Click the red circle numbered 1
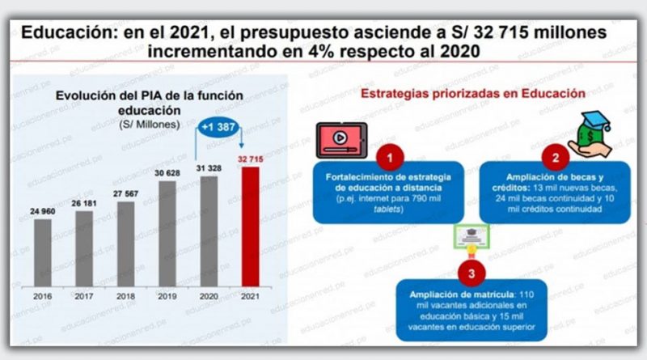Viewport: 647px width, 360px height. tap(390, 155)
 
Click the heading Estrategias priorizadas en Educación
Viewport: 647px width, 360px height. tap(473, 94)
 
